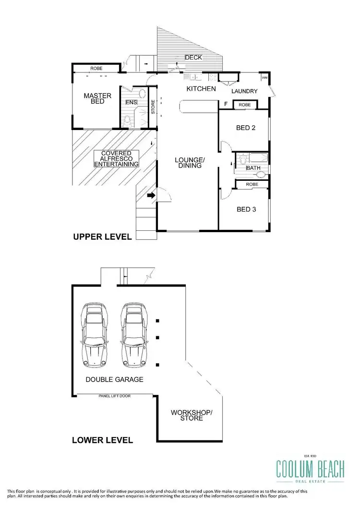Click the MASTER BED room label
point(97,98)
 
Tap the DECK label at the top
point(193,58)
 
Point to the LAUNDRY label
point(244,91)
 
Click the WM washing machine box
point(264,77)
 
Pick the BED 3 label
point(246,209)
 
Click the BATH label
point(252,168)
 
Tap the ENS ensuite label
point(131,102)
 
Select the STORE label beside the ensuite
point(153,107)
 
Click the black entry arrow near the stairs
point(151,195)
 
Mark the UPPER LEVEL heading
point(102,237)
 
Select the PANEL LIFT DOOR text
point(115,396)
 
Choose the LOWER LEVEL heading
point(102,439)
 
